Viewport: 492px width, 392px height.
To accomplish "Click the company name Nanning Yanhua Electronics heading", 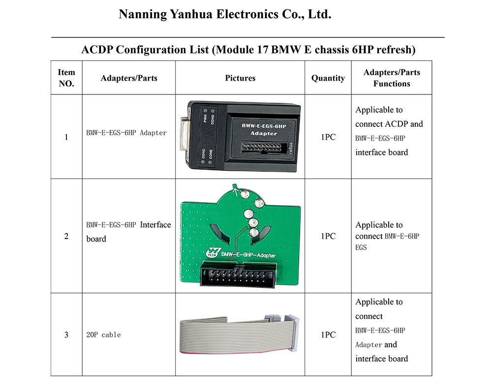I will click(225, 14).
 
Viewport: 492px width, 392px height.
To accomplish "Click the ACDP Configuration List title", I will click(248, 50).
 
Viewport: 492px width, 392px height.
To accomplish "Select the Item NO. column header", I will click(66, 78).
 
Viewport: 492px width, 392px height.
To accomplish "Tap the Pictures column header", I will click(240, 78).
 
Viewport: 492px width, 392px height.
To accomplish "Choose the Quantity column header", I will click(328, 78).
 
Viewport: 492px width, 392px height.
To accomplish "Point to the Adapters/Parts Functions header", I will click(392, 78).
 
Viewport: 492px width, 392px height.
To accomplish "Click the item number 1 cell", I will click(66, 137).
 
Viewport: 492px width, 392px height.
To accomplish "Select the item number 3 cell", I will click(66, 335).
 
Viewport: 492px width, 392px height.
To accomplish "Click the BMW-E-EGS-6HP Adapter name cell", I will click(126, 133).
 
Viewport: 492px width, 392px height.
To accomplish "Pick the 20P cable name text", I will click(103, 335).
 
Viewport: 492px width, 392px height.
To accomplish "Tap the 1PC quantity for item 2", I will click(328, 236).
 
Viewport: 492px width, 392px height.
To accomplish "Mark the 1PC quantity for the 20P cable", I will click(328, 335).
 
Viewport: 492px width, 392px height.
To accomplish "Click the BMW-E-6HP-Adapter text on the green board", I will click(248, 255).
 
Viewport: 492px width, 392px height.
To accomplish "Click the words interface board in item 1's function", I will click(381, 152).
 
